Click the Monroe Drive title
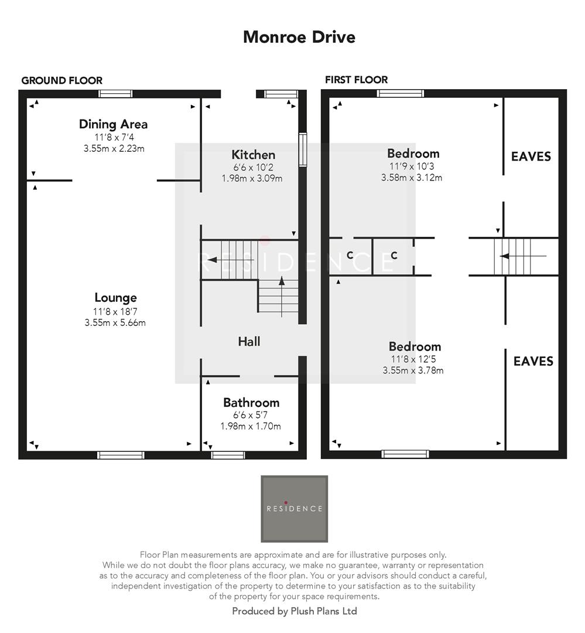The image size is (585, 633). (x=299, y=37)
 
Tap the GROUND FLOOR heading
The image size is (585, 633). (x=61, y=81)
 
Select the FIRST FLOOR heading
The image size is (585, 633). (x=356, y=80)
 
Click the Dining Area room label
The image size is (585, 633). (x=113, y=124)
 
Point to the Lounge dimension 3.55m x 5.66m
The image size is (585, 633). (x=115, y=322)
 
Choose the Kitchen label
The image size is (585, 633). (x=253, y=155)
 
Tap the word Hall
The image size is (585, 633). (x=249, y=341)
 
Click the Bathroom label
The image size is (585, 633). (x=251, y=403)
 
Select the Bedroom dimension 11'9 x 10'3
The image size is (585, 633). (x=413, y=166)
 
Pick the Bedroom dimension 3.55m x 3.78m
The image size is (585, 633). (x=413, y=370)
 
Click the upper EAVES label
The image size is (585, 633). (x=531, y=156)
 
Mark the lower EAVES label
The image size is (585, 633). (x=533, y=361)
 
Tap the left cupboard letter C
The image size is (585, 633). (x=350, y=256)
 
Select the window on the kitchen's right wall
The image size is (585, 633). (x=303, y=150)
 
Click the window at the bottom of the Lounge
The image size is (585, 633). (x=121, y=455)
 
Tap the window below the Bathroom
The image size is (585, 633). (x=228, y=455)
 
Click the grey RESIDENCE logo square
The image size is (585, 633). (x=294, y=508)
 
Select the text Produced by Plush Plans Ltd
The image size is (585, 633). (x=295, y=611)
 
